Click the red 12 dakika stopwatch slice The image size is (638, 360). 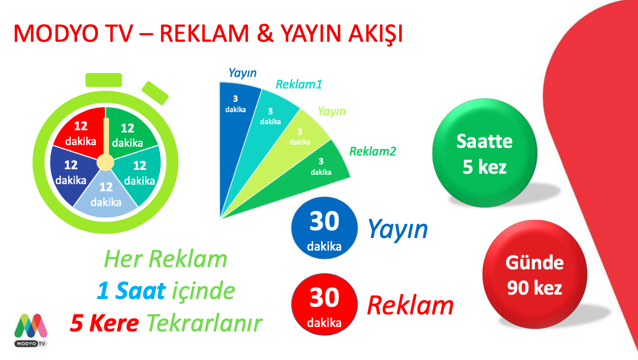pyautogui.click(x=80, y=133)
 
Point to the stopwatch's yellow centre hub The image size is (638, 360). pyautogui.click(x=106, y=163)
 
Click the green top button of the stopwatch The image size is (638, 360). pyautogui.click(x=104, y=80)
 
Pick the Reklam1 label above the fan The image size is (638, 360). pyautogui.click(x=299, y=84)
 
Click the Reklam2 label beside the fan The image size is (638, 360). pyautogui.click(x=372, y=151)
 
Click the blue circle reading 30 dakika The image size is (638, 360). pyautogui.click(x=324, y=228)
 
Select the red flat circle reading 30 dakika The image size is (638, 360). pyautogui.click(x=324, y=304)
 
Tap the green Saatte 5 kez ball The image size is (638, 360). pyautogui.click(x=485, y=153)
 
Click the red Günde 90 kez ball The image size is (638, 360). pyautogui.click(x=535, y=274)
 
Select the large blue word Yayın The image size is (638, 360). pyautogui.click(x=398, y=230)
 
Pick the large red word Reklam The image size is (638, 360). pyautogui.click(x=410, y=306)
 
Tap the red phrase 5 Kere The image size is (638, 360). pyautogui.click(x=105, y=323)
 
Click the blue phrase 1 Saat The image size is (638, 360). pyautogui.click(x=131, y=291)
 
